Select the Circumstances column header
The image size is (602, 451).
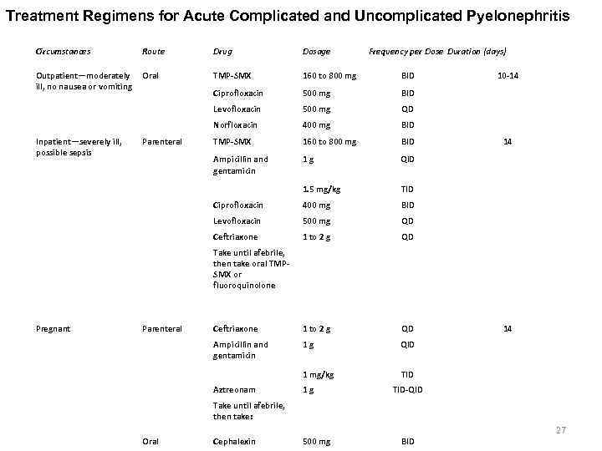point(64,52)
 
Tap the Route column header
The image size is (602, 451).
point(154,52)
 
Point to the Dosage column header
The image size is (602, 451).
point(316,52)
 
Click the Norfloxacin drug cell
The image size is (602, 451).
point(235,125)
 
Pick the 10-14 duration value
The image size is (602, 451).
point(508,76)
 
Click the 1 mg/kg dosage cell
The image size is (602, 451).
point(318,374)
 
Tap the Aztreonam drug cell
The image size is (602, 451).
point(234,390)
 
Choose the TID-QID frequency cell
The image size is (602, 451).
point(407,390)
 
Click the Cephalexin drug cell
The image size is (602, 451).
point(235,441)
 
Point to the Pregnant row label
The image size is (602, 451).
point(53,329)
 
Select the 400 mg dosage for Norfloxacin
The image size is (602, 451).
point(316,125)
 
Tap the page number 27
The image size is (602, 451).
point(561,430)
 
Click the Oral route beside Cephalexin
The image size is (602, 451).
point(150,441)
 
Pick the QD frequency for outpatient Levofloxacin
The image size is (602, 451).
point(407,109)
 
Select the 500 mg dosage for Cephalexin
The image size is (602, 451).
point(316,441)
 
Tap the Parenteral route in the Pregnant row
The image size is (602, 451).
point(162,329)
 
